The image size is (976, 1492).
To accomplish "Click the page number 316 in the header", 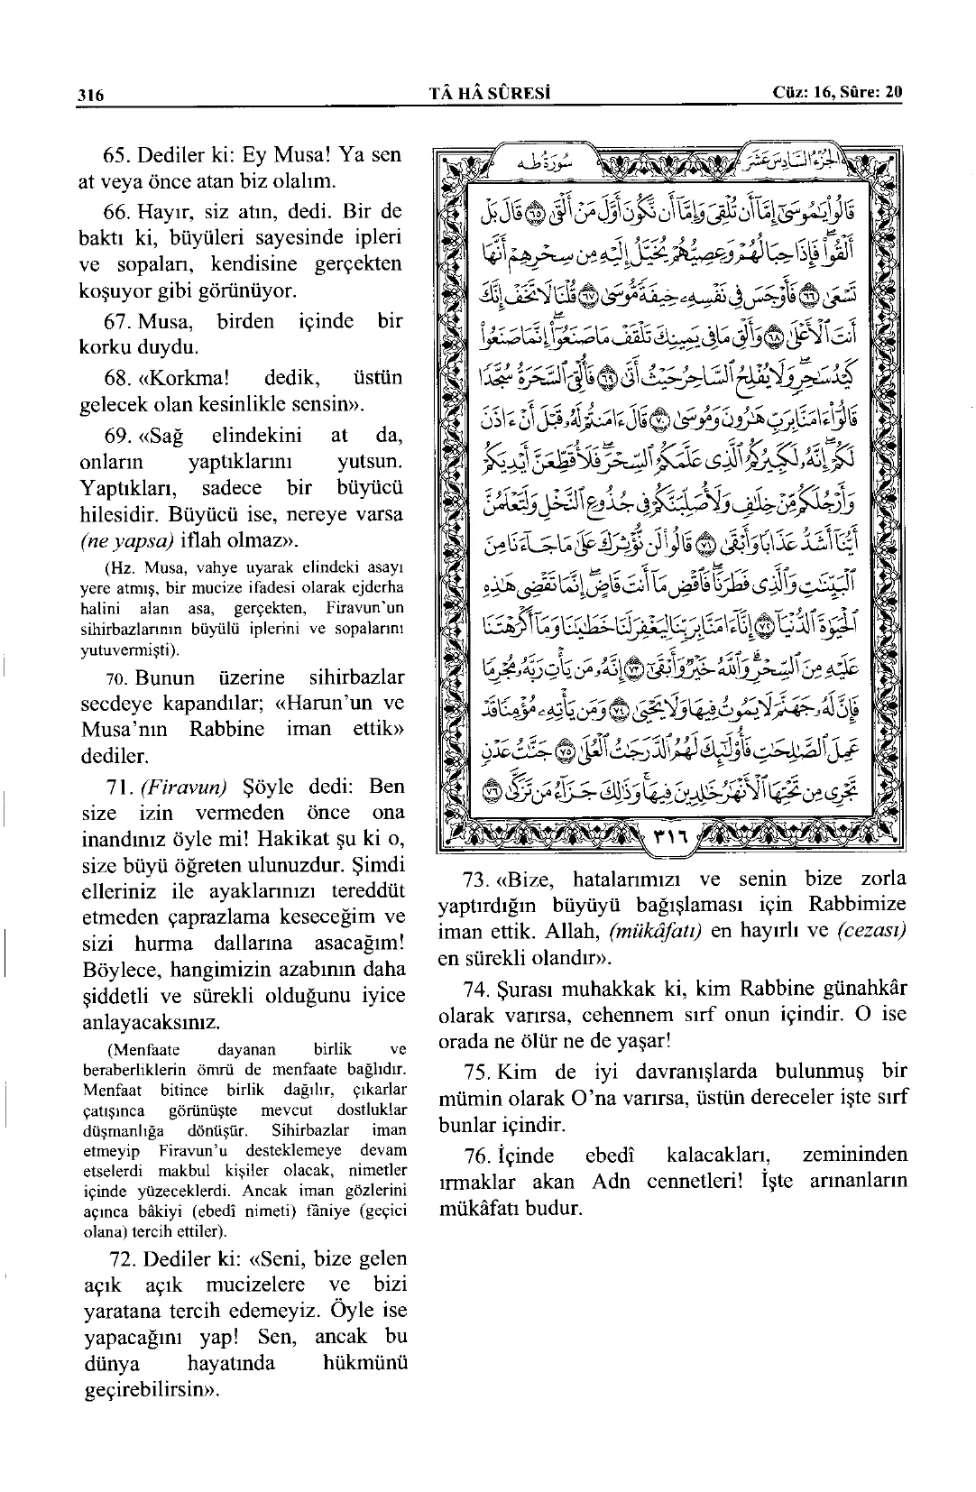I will click(91, 94).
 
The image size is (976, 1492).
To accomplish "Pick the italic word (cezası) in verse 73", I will click(870, 931).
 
